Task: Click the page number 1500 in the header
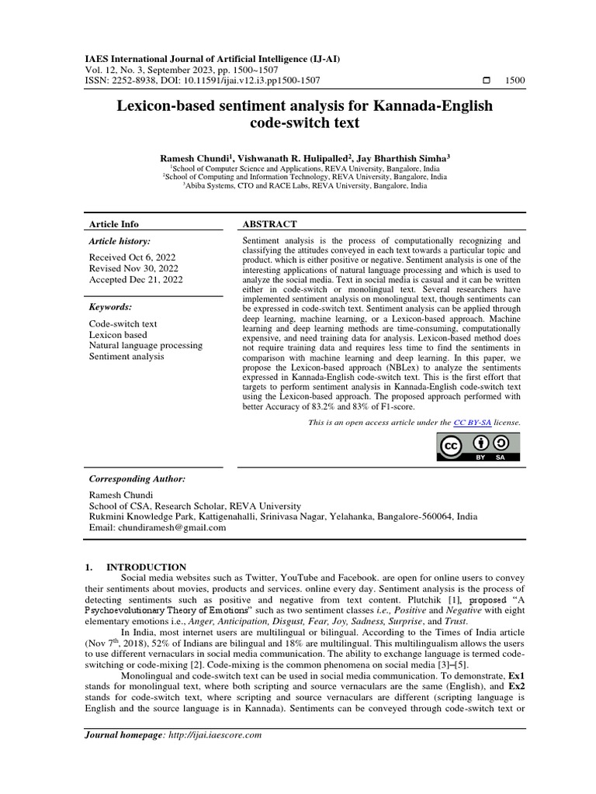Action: pyautogui.click(x=515, y=81)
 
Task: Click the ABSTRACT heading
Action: pyautogui.click(x=270, y=224)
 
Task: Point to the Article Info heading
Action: pyautogui.click(x=113, y=224)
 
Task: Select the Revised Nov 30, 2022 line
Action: pyautogui.click(x=132, y=268)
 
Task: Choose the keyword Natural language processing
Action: pyautogui.click(x=145, y=345)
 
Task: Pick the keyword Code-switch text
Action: pyautogui.click(x=123, y=323)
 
